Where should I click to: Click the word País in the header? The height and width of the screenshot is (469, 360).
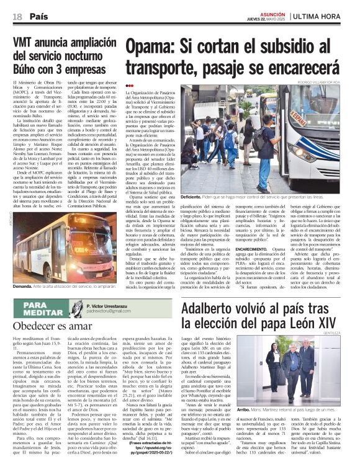38,16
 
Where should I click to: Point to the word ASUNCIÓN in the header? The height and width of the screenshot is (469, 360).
271,13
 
